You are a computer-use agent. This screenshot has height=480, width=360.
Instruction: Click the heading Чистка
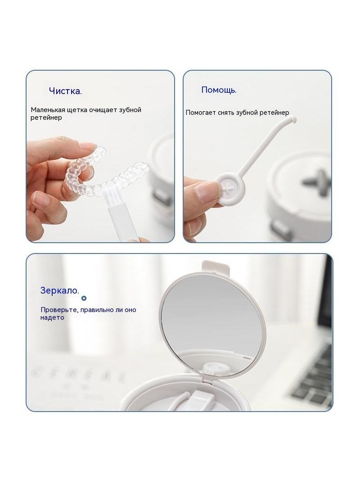click(x=65, y=91)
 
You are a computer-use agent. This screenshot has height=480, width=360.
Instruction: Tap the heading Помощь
click(x=219, y=90)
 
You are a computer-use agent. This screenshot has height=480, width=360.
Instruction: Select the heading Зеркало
click(x=60, y=290)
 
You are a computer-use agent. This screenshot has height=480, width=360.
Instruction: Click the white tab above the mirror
click(x=216, y=267)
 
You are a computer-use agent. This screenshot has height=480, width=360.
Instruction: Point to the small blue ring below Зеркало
click(x=84, y=298)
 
